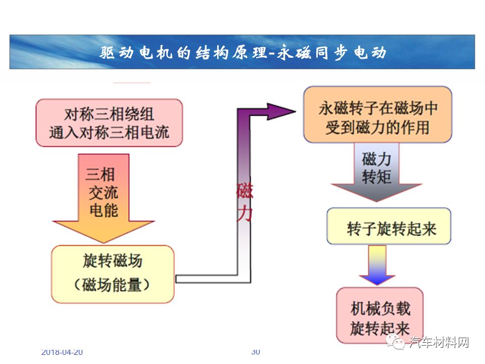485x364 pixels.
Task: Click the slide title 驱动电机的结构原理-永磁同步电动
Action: [x=243, y=53]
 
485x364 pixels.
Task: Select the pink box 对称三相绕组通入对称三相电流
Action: [x=109, y=123]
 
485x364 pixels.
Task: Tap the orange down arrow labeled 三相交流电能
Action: [x=103, y=198]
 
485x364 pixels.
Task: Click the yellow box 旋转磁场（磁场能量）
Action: [x=113, y=274]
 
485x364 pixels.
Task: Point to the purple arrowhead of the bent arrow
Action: [x=281, y=112]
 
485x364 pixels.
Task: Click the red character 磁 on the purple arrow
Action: [x=245, y=191]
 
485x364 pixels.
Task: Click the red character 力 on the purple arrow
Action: [x=245, y=213]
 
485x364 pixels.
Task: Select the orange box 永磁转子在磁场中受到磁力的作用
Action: [x=378, y=115]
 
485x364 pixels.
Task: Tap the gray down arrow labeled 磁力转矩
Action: [x=376, y=172]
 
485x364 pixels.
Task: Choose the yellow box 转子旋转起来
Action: [x=389, y=226]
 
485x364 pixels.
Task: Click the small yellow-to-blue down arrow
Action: [x=377, y=265]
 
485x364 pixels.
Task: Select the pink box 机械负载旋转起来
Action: [x=380, y=315]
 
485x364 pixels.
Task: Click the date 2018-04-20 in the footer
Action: [x=62, y=352]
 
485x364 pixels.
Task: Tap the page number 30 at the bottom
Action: [x=256, y=352]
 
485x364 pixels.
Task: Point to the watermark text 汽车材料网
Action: [x=439, y=342]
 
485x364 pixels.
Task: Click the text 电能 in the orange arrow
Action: [x=104, y=210]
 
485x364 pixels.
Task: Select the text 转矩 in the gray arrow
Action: [x=376, y=177]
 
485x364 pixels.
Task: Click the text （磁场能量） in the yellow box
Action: [x=112, y=285]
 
